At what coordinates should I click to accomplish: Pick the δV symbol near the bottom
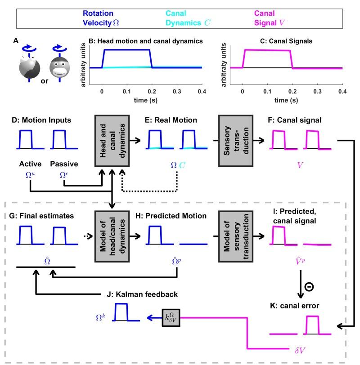[x=295, y=347]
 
